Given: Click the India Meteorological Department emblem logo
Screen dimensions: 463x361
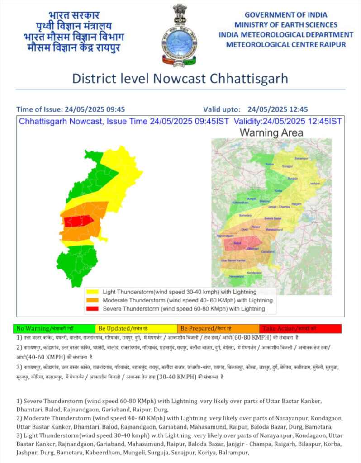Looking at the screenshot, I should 179,35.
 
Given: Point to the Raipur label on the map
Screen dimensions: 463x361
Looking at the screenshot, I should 256,226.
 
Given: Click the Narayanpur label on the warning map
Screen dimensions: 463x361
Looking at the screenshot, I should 239,276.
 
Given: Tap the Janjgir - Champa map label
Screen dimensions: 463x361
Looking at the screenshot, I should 279,206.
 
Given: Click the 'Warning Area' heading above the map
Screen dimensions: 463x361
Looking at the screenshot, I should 271,133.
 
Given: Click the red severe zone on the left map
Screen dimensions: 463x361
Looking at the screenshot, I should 78,222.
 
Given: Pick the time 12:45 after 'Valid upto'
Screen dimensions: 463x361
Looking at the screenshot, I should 298,109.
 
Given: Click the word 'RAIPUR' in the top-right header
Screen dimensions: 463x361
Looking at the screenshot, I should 330,44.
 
